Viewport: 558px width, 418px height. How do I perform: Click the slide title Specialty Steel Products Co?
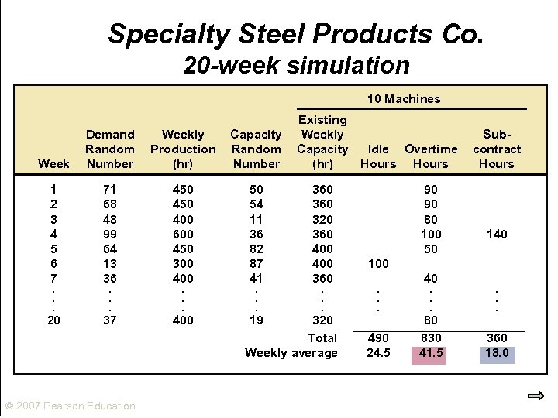pyautogui.click(x=296, y=33)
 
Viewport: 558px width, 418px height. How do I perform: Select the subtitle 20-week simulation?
pyautogui.click(x=296, y=65)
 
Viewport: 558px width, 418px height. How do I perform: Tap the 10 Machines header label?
pyautogui.click(x=403, y=98)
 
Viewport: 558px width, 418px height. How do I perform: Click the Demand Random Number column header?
pyautogui.click(x=110, y=149)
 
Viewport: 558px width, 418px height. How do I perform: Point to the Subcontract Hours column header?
pyautogui.click(x=496, y=149)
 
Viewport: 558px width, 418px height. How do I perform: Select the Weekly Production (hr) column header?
pyautogui.click(x=183, y=149)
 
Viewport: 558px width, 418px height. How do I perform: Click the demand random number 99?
pyautogui.click(x=110, y=234)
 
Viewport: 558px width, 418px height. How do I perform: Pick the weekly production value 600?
pyautogui.click(x=183, y=234)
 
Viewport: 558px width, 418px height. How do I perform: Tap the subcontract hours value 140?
pyautogui.click(x=496, y=234)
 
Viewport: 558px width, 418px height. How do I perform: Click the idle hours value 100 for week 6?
pyautogui.click(x=378, y=263)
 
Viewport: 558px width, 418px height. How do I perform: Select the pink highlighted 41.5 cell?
pyautogui.click(x=430, y=353)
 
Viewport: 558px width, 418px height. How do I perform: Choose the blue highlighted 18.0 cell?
pyautogui.click(x=496, y=353)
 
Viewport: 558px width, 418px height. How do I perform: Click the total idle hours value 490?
pyautogui.click(x=378, y=338)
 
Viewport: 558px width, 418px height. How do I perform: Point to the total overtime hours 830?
pyautogui.click(x=430, y=338)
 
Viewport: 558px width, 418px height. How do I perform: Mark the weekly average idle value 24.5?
pyautogui.click(x=378, y=353)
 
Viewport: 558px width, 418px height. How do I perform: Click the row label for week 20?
pyautogui.click(x=53, y=320)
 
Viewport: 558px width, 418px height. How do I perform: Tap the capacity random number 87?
pyautogui.click(x=256, y=263)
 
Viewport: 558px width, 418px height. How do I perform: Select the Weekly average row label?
pyautogui.click(x=291, y=353)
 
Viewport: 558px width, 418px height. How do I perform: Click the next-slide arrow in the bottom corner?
pyautogui.click(x=536, y=396)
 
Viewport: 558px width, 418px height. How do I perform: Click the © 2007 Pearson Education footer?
pyautogui.click(x=70, y=406)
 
